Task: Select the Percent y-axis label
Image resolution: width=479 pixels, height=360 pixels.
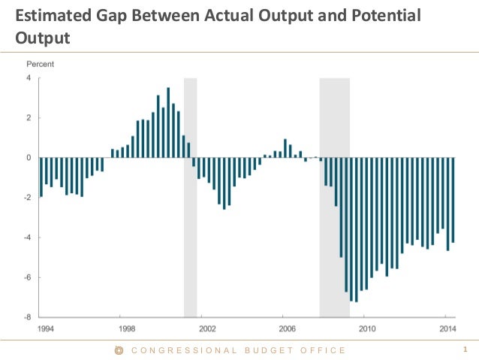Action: [x=41, y=65]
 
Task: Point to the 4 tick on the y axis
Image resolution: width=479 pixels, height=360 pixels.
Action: [x=29, y=78]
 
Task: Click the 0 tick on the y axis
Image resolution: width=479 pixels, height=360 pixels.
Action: [x=29, y=158]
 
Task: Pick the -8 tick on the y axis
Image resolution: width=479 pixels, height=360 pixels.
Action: [x=27, y=317]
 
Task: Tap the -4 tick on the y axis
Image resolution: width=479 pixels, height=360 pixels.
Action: [x=27, y=237]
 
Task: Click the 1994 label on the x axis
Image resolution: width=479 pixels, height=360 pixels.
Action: [x=46, y=328]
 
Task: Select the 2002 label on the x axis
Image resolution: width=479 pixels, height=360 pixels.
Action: [x=206, y=328]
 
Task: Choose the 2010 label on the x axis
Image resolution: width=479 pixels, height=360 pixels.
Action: [x=367, y=328]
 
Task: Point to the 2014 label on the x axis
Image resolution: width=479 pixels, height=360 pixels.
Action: [x=447, y=328]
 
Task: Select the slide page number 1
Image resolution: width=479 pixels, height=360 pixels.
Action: [x=466, y=349]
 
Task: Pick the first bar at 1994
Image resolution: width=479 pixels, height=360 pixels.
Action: [x=41, y=177]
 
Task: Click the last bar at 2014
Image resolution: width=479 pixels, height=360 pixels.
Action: [x=453, y=200]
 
